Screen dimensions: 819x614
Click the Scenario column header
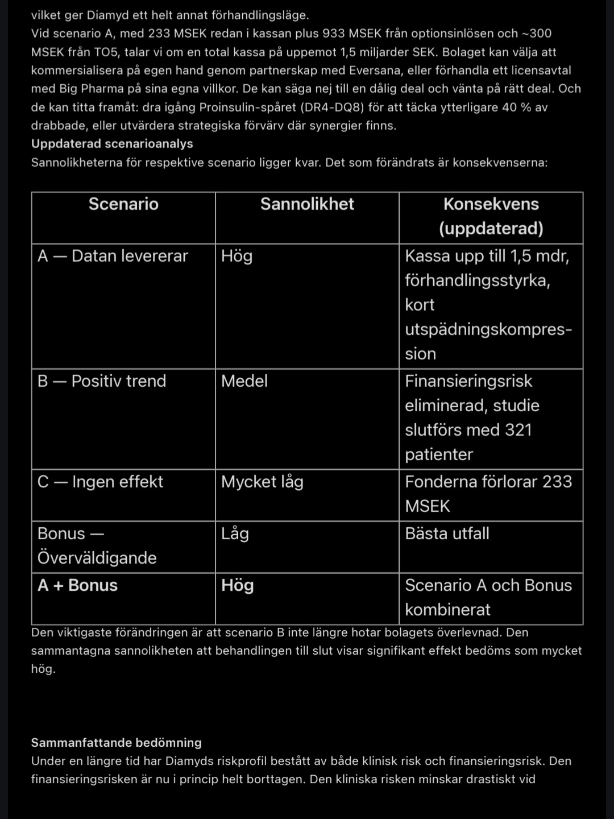click(123, 204)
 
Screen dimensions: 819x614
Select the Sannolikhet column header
click(307, 204)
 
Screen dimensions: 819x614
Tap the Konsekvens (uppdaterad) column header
click(491, 216)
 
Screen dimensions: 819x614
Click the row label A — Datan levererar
click(113, 256)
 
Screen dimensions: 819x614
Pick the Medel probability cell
click(244, 381)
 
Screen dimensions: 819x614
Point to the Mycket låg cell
click(262, 482)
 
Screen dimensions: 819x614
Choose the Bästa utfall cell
click(447, 533)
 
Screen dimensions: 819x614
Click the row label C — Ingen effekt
click(100, 482)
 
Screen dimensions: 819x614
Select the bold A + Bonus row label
click(77, 585)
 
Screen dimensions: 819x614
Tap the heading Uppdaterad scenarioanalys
click(112, 144)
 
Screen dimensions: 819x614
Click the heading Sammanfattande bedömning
click(117, 743)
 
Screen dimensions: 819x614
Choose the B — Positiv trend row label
click(102, 381)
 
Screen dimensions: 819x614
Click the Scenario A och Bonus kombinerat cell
click(488, 597)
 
